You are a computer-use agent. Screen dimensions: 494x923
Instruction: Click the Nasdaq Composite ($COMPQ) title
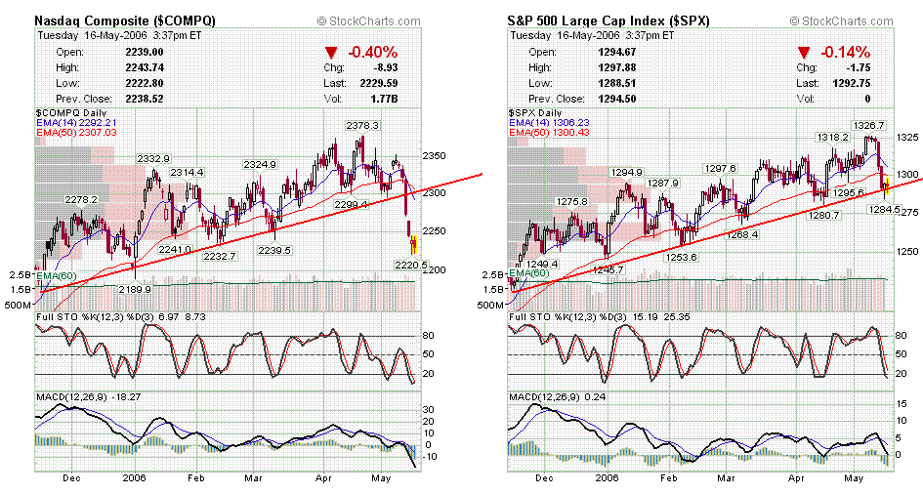126,20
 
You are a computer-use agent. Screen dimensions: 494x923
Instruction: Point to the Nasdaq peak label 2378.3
362,126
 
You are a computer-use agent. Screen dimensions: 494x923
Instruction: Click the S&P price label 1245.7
608,270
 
